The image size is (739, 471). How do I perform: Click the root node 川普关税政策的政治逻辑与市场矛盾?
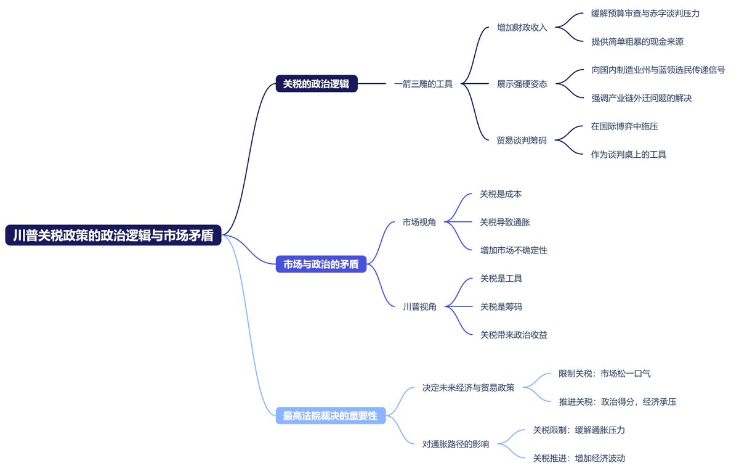coord(113,235)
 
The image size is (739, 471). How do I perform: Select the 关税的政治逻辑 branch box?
coord(316,84)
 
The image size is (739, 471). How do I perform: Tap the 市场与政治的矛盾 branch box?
coord(320,264)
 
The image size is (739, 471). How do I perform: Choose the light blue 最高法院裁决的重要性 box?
coord(329,416)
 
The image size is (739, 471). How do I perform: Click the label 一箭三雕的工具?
coord(423,84)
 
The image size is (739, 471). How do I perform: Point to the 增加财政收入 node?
coord(522,28)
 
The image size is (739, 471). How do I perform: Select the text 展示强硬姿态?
coord(522,84)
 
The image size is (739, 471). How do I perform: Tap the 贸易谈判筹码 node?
coord(522,140)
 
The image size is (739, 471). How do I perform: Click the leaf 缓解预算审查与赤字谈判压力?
coord(645,14)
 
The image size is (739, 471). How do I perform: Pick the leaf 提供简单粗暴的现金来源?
coord(637,42)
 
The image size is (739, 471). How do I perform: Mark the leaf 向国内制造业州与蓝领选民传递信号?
coord(658,70)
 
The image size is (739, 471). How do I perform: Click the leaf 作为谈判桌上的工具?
coord(628,154)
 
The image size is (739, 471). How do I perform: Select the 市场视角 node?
coord(419,222)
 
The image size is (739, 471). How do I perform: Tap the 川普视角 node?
coord(419,306)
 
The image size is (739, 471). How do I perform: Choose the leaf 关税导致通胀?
coord(505,222)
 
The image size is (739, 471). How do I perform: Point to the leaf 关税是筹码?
coord(501,306)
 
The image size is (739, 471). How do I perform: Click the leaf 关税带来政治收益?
coord(514,335)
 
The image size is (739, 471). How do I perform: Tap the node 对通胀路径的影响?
coord(456,444)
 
